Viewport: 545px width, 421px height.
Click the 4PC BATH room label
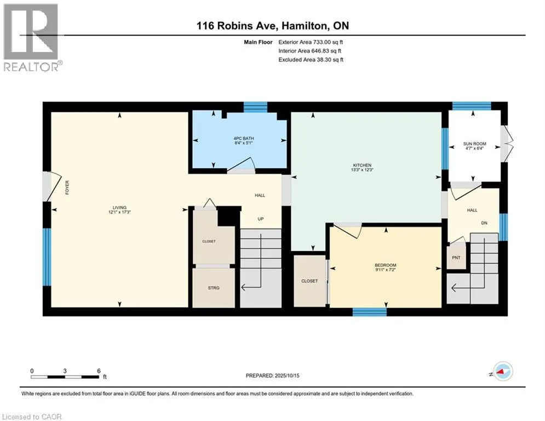244,139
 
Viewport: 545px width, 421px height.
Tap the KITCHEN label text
362,165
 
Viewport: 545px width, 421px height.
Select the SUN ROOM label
474,144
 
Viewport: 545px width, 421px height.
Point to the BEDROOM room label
386,265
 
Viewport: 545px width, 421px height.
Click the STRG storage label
214,288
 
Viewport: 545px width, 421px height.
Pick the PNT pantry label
456,258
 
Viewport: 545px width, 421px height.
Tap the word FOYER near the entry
67,187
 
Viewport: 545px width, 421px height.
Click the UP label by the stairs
261,219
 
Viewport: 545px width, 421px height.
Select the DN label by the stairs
484,223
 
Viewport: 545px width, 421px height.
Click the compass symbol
503,371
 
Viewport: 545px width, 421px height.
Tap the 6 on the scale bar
99,371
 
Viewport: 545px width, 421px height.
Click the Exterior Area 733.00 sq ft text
311,42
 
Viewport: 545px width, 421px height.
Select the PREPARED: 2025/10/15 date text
273,376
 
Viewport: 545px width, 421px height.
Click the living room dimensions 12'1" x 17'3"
119,212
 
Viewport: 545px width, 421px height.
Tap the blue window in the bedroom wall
370,312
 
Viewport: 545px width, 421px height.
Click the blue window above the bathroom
255,107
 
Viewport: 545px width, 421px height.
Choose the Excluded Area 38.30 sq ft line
311,60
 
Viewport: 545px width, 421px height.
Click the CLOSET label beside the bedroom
309,281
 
